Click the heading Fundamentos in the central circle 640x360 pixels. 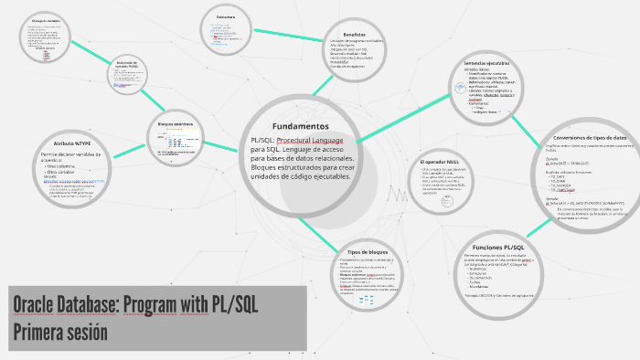pyautogui.click(x=300, y=125)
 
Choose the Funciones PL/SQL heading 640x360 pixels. pyautogui.click(x=499, y=248)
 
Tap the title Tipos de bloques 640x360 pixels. pyautogui.click(x=368, y=251)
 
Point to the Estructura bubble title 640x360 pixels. pyautogui.click(x=226, y=16)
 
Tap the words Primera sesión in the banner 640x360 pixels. pyautogui.click(x=60, y=333)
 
